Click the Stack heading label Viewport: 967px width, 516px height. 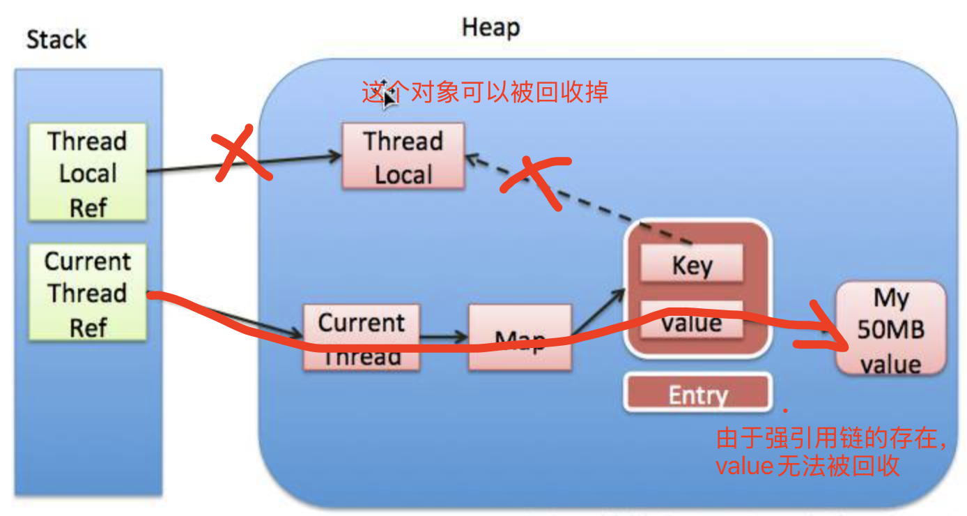[x=56, y=40]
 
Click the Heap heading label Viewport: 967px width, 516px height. [x=490, y=28]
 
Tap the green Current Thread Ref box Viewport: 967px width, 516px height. [x=88, y=293]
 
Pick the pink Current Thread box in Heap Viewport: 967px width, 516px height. [x=361, y=337]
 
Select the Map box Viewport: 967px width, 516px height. [x=520, y=337]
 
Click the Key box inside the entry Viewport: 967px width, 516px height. [x=692, y=265]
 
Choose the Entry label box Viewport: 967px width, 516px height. [x=698, y=395]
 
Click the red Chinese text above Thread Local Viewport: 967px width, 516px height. [x=485, y=92]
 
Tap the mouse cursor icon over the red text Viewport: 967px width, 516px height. [x=389, y=94]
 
